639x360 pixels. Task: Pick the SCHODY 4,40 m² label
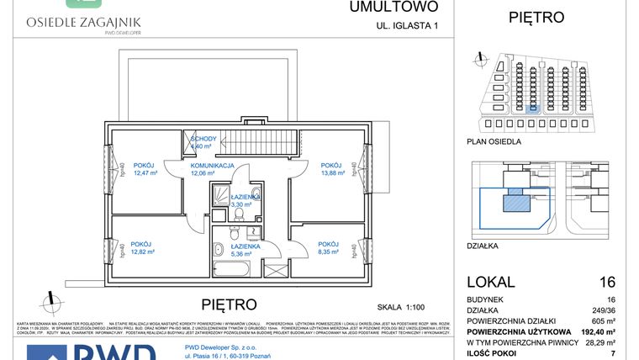[x=204, y=142]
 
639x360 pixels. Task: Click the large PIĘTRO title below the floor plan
[x=230, y=303]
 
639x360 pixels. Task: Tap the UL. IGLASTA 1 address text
[x=407, y=26]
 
